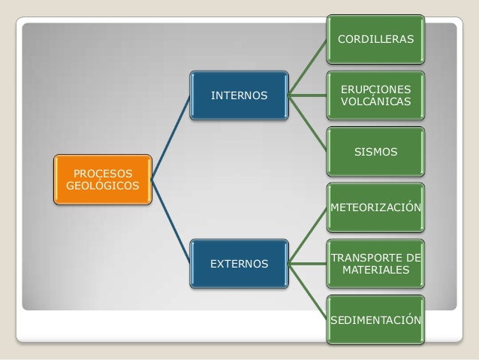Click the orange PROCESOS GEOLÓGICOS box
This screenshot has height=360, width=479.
pos(102,180)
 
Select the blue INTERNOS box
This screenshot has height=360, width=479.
pos(238,96)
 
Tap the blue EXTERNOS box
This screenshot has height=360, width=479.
pos(238,264)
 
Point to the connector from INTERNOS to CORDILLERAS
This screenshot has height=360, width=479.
pos(308,67)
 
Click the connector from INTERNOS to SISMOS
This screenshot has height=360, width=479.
pos(308,124)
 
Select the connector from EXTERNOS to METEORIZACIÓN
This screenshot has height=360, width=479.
pos(308,235)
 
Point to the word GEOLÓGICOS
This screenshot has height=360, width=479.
pos(102,186)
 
